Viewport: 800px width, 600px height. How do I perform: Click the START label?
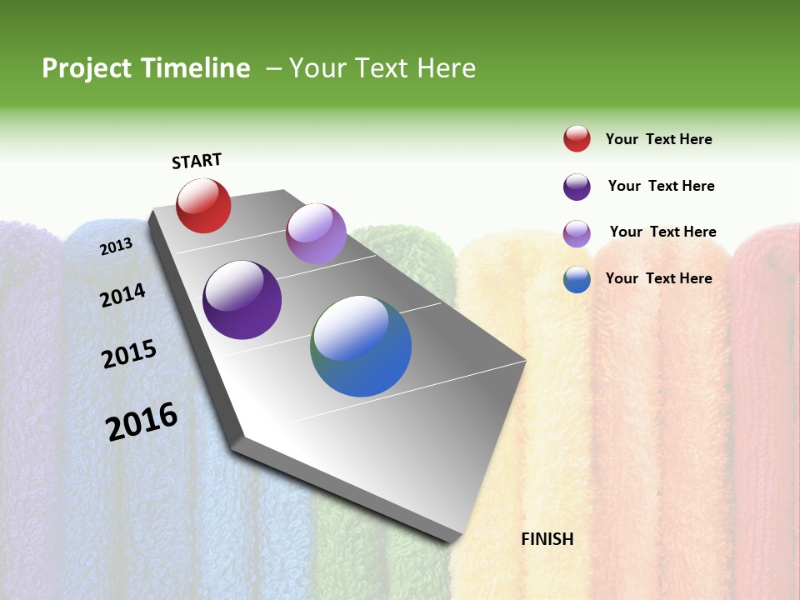(x=197, y=161)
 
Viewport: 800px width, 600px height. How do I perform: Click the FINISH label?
(x=547, y=539)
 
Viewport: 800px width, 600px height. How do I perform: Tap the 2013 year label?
(x=117, y=246)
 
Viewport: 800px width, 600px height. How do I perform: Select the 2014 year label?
(x=122, y=295)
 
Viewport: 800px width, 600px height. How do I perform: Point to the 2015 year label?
(x=129, y=355)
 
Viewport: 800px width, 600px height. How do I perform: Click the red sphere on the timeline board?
(x=203, y=206)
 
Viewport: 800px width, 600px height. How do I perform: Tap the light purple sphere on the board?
(x=316, y=233)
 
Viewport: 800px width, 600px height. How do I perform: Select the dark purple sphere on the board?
(x=242, y=300)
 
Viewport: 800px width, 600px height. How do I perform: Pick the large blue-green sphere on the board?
(x=361, y=346)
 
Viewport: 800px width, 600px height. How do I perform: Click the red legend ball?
(x=577, y=139)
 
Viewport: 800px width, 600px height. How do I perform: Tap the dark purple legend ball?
(x=577, y=187)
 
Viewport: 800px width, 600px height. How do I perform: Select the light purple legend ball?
(x=577, y=233)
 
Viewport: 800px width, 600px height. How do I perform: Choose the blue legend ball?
(x=577, y=279)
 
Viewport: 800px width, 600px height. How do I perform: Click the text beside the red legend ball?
(x=658, y=139)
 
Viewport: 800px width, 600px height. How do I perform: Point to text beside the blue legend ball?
(x=658, y=278)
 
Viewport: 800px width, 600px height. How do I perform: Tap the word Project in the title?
(x=87, y=68)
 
